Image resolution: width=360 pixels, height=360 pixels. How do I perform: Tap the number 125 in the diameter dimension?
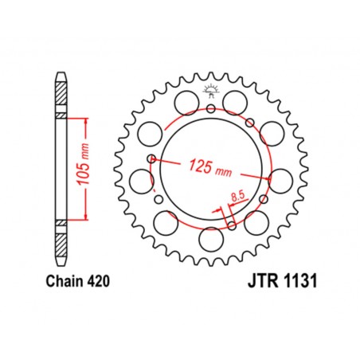(201, 167)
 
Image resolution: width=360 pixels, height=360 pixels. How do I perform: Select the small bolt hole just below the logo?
(210, 109)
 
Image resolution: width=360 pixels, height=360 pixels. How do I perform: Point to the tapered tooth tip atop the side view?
(61, 77)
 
